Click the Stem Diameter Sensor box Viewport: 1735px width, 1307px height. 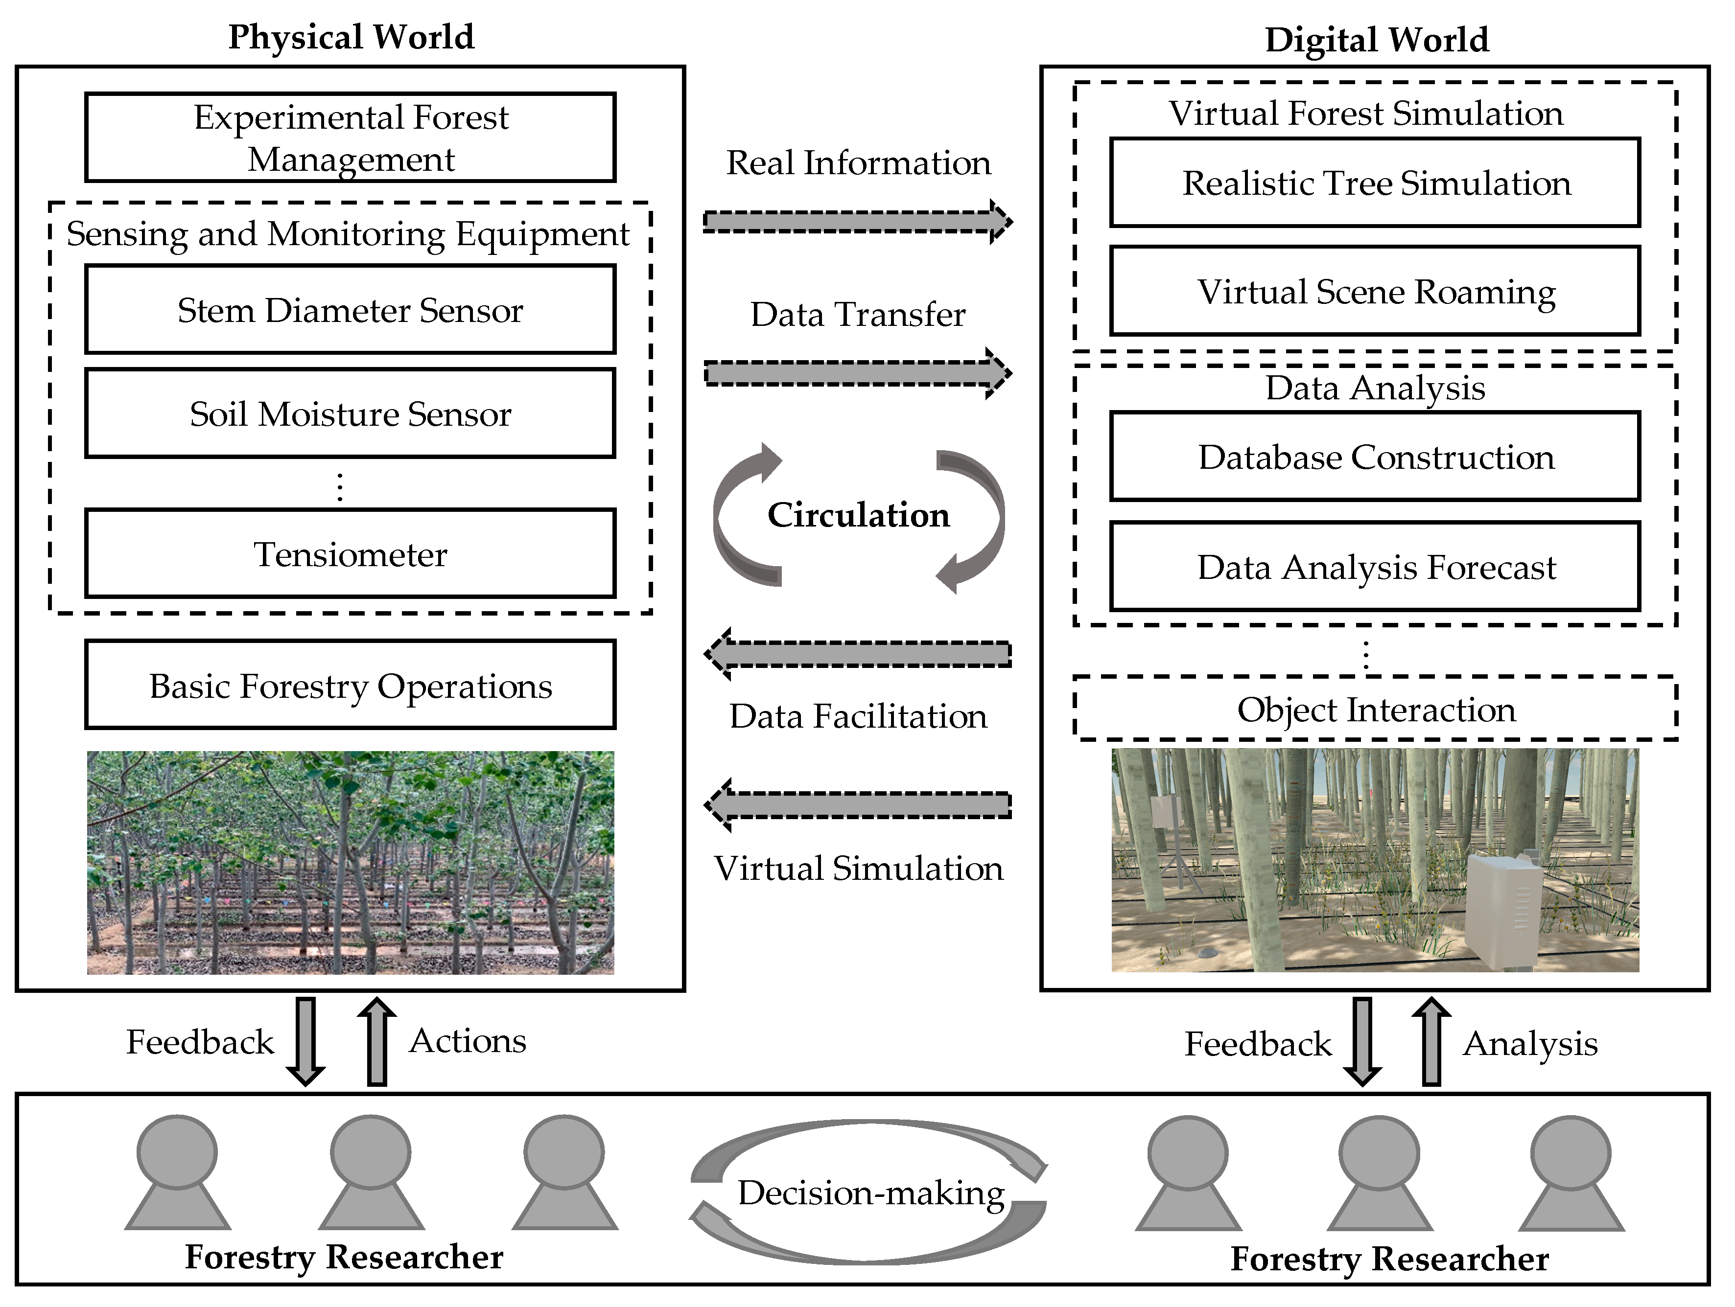[x=350, y=310]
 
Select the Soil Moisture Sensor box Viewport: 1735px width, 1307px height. [x=350, y=413]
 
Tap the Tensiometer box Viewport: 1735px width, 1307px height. [x=350, y=553]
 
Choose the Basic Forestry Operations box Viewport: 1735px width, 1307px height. [x=350, y=685]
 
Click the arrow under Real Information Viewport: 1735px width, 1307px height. [x=857, y=222]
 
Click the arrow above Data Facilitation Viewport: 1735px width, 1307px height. [x=857, y=654]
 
